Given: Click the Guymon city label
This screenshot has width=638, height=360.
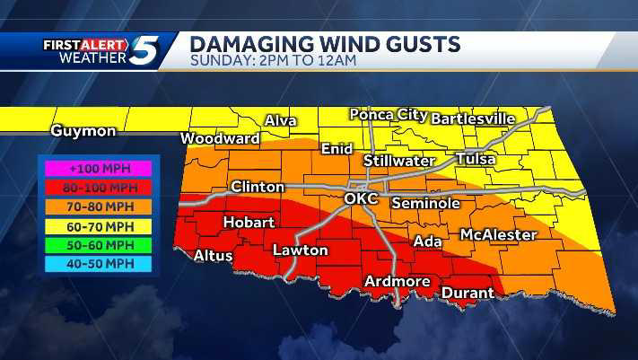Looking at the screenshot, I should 83,131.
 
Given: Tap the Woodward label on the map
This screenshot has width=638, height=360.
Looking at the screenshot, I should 220,138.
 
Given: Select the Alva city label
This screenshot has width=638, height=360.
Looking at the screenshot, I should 281,121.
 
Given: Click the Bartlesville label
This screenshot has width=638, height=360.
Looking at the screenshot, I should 485,119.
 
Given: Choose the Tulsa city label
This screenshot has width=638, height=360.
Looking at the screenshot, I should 476,158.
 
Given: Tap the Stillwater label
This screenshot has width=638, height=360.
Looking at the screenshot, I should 404,160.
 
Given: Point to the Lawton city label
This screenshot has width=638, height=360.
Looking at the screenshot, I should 300,250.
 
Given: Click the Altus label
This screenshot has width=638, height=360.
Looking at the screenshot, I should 214,256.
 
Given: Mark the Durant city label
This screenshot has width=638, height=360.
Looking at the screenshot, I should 467,293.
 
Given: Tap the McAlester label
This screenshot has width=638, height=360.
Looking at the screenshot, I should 498,234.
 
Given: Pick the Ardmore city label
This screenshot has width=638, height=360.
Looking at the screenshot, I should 398,282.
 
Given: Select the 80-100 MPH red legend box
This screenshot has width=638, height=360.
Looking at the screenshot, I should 96,187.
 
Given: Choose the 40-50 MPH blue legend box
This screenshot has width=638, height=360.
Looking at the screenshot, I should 96,264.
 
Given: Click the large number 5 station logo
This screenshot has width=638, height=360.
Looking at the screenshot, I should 144,50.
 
